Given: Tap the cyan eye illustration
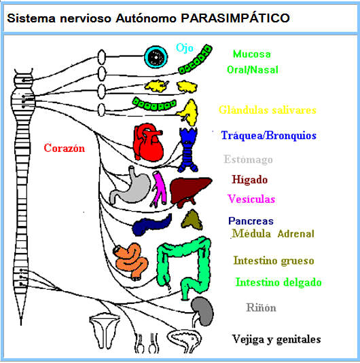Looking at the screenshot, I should point(156,56).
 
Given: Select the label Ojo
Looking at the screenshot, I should point(184,47).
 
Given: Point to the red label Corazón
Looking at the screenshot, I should point(64,148).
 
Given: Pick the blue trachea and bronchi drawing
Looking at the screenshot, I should point(187,145).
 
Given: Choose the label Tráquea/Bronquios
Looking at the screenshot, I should point(268,136).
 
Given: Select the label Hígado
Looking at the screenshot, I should point(249,180).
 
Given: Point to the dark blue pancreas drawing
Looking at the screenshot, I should point(152,225).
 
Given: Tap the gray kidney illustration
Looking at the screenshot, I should point(202,310).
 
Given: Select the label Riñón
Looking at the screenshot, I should point(261,307).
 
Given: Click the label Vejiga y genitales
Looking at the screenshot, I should point(276,339).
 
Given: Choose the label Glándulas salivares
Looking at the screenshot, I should point(267,110).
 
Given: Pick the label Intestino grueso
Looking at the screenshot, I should point(273,261).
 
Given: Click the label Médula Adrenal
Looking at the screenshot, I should point(272,234).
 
